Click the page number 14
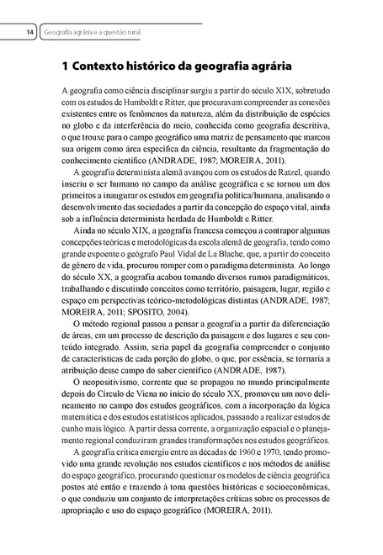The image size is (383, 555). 29,32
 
